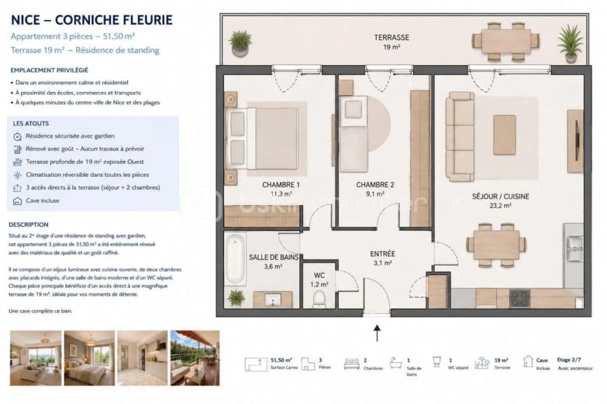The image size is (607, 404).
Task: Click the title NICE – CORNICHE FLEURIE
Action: tap(92, 20)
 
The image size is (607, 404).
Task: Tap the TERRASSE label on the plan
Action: tap(391, 37)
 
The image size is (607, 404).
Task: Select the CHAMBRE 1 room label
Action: tap(280, 185)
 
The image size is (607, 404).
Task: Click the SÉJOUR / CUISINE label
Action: tap(500, 196)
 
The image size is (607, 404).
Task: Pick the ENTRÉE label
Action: tap(382, 254)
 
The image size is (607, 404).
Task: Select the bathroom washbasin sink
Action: tap(273, 300)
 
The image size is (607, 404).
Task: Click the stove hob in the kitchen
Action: tap(520, 299)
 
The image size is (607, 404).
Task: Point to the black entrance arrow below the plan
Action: tap(377, 333)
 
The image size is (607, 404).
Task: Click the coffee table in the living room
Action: tap(504, 135)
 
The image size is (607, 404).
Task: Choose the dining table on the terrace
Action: tap(506, 41)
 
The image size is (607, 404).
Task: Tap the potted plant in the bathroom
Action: tap(236, 298)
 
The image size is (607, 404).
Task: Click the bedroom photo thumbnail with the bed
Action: tap(90, 358)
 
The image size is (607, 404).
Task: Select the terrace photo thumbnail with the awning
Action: tap(194, 358)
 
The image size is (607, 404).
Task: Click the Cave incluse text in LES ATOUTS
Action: tap(43, 200)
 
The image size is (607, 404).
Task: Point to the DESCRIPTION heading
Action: tap(28, 225)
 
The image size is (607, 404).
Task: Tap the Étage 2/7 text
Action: tap(568, 360)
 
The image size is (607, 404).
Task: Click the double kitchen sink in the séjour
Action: tap(574, 248)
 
